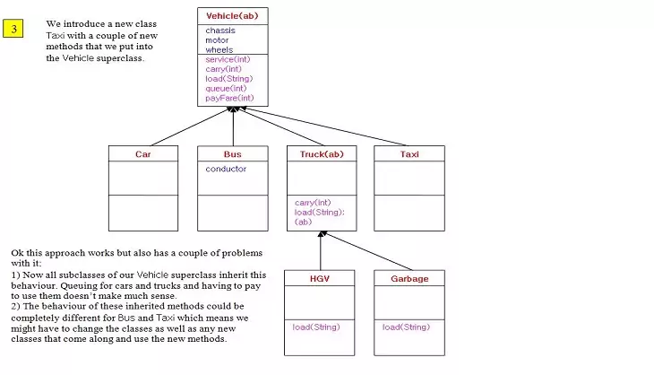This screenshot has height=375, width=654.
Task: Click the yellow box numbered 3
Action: point(15,29)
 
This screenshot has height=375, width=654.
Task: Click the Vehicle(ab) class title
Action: point(232,16)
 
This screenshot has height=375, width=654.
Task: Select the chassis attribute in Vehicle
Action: point(219,31)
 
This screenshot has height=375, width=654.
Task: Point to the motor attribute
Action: point(217,40)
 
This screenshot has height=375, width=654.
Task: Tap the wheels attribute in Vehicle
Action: point(219,50)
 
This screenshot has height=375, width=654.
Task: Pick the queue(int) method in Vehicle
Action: point(226,88)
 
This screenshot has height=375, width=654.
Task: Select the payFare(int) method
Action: point(229,98)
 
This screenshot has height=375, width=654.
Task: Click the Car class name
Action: point(143,154)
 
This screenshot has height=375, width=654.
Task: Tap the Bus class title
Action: point(232,154)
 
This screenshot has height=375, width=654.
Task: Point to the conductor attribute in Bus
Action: point(226,169)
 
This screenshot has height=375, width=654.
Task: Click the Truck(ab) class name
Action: point(321,154)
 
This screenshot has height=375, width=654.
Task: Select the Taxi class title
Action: point(409,154)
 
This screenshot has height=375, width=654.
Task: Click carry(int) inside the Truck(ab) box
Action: point(313,202)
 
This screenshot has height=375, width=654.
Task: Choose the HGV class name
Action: point(319,279)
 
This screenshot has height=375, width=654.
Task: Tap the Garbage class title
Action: point(409,279)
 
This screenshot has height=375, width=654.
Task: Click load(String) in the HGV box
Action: point(316,327)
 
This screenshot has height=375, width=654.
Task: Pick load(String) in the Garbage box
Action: point(405,327)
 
